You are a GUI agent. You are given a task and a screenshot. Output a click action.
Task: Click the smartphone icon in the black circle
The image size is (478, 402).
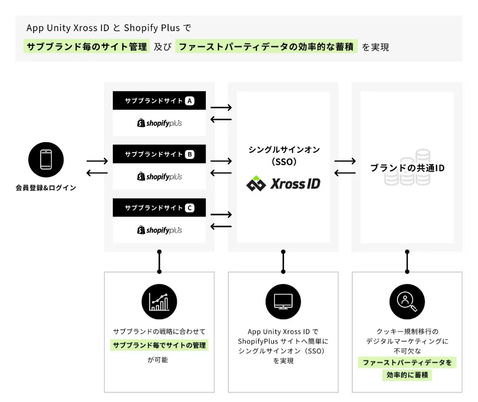click(x=46, y=160)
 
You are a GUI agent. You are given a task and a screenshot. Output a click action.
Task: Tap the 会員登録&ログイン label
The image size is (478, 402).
click(x=46, y=188)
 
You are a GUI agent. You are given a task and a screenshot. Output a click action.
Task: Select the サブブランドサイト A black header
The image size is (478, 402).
click(x=159, y=101)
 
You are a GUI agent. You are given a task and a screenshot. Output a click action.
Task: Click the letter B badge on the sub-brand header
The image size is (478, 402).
click(x=190, y=155)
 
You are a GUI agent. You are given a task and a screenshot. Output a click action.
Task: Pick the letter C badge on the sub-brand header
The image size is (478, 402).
click(x=190, y=208)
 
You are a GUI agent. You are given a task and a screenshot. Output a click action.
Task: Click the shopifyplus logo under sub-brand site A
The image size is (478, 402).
click(x=159, y=123)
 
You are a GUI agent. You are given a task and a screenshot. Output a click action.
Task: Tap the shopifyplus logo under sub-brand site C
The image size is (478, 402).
click(x=159, y=230)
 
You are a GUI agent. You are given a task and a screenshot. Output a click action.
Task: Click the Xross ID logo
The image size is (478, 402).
click(x=283, y=184)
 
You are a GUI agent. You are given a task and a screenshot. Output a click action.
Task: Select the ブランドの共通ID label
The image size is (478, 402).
click(x=407, y=168)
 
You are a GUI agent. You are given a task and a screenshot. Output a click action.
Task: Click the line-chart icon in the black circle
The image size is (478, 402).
click(x=159, y=302)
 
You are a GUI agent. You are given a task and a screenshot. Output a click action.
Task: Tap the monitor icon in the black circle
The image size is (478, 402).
click(x=283, y=302)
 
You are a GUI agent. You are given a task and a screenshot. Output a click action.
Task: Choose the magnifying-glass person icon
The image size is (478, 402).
click(x=407, y=302)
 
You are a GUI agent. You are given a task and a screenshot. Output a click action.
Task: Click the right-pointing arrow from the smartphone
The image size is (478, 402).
click(x=97, y=161)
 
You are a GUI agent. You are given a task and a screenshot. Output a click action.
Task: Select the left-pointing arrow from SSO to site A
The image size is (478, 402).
click(x=221, y=120)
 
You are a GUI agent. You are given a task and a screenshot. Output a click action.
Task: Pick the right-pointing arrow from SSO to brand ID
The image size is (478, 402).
click(x=345, y=161)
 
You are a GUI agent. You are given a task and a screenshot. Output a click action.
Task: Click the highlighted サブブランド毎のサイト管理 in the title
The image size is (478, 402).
click(x=86, y=47)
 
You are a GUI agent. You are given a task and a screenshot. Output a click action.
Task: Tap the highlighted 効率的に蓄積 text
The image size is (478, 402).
click(x=407, y=375)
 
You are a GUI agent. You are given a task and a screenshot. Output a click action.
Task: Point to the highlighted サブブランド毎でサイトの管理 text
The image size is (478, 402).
click(x=159, y=345)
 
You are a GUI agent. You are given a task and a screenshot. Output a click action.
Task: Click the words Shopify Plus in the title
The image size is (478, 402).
click(x=152, y=28)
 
